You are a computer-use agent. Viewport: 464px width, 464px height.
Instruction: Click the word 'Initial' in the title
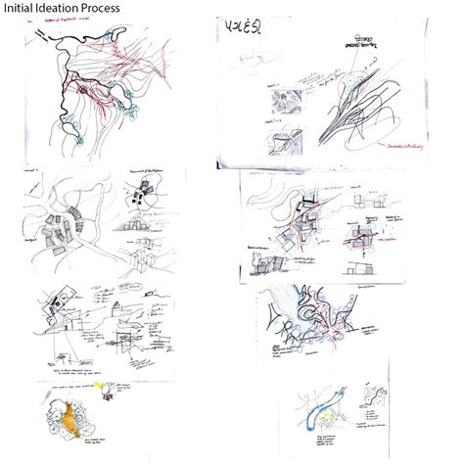coord(23,9)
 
